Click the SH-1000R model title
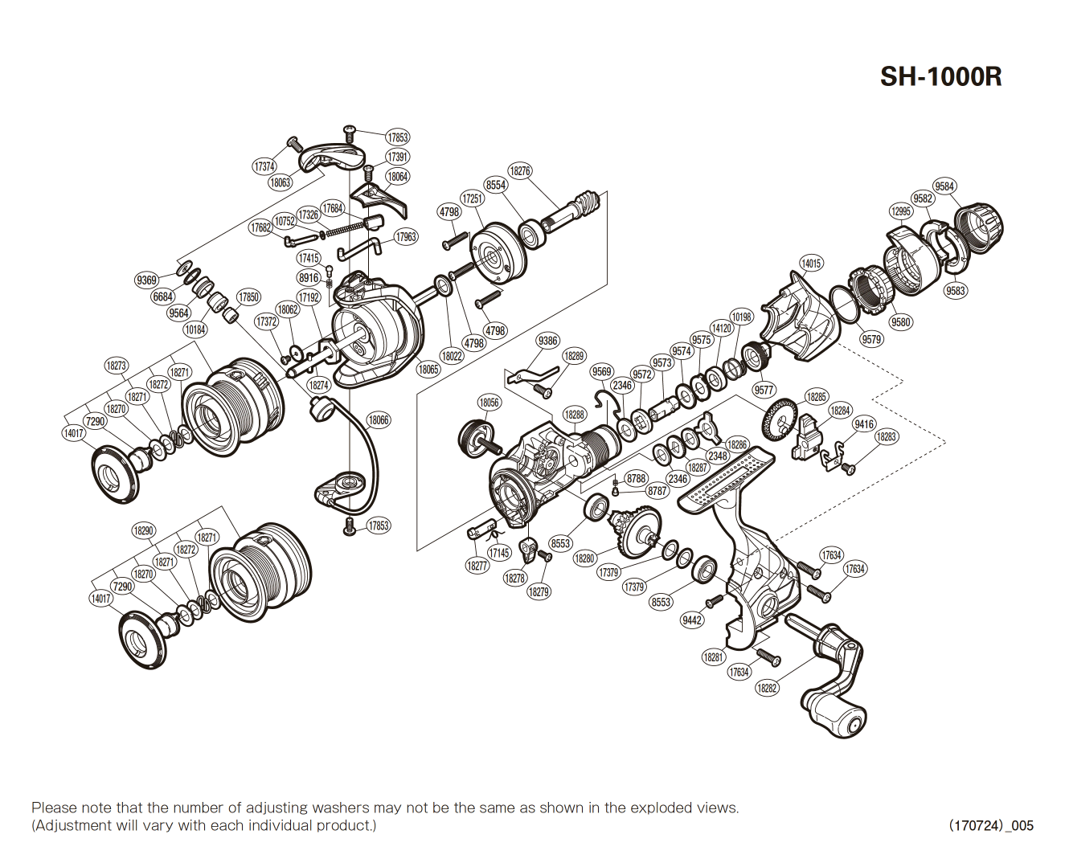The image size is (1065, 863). tap(940, 77)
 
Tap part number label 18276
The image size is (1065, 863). tap(520, 171)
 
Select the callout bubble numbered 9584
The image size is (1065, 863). tap(944, 186)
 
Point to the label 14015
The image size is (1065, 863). tap(811, 264)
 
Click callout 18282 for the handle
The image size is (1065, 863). tap(767, 688)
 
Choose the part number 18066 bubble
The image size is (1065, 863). tap(379, 420)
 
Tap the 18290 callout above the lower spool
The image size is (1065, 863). tap(144, 530)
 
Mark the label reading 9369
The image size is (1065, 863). tap(146, 280)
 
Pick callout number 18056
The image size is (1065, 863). tap(489, 403)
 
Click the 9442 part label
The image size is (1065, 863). tap(692, 620)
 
